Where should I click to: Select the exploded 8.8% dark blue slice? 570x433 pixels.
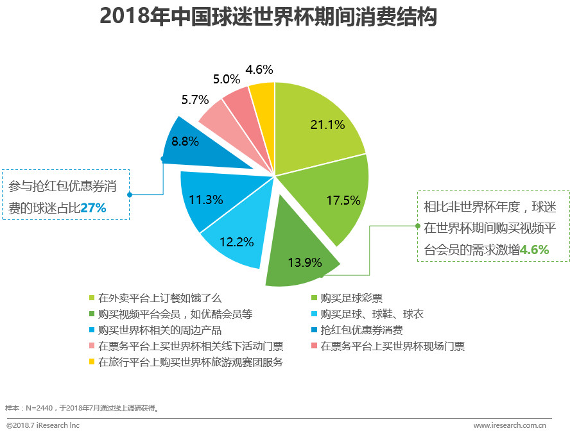(x=189, y=142)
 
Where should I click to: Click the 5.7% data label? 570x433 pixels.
(x=195, y=99)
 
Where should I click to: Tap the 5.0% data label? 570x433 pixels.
(x=227, y=79)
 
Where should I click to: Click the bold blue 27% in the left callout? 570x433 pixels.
(x=93, y=208)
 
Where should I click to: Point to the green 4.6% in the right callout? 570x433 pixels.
(x=534, y=250)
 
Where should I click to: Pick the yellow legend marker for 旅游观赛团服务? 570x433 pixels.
(x=92, y=362)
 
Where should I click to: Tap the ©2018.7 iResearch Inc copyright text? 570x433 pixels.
(x=43, y=425)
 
